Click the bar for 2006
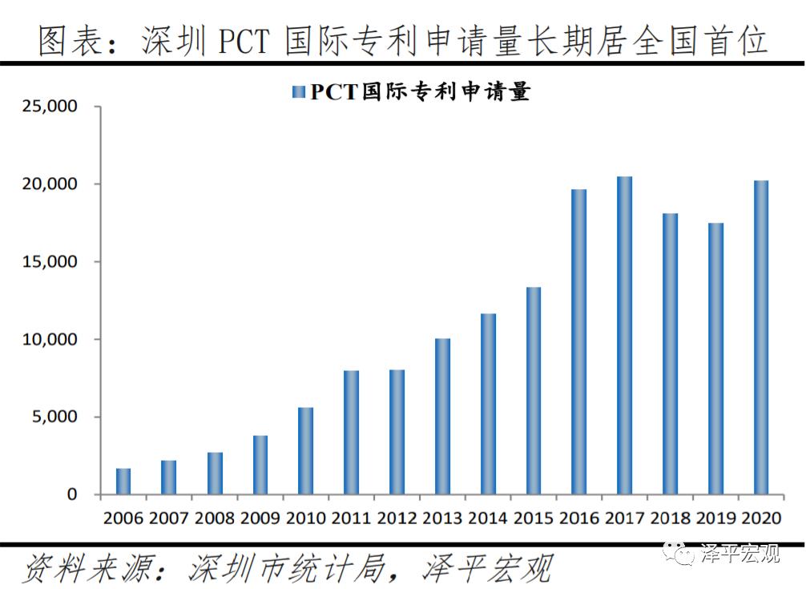coord(123,482)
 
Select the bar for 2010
coord(305,451)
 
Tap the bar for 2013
coord(442,417)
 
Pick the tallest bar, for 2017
coord(624,336)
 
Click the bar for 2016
coord(578,342)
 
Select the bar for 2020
coord(761,337)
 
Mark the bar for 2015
coord(534,391)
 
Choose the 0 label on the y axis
coord(73,495)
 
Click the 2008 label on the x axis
coord(214,518)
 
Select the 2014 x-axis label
coord(487,518)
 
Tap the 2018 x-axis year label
coord(670,518)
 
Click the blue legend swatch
coord(299,92)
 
